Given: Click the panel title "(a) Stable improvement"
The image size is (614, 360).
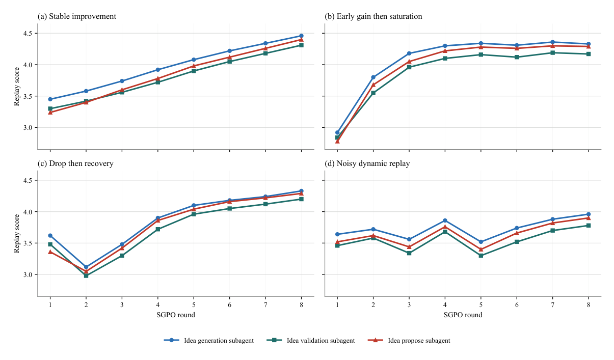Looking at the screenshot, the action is pyautogui.click(x=77, y=16).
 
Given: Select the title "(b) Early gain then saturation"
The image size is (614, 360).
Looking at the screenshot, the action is pyautogui.click(x=373, y=16).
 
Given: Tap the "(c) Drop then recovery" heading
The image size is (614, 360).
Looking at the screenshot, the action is pyautogui.click(x=75, y=163).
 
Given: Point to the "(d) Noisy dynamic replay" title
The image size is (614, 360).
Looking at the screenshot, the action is pyautogui.click(x=367, y=163).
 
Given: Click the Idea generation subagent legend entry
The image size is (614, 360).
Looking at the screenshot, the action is pyautogui.click(x=209, y=341).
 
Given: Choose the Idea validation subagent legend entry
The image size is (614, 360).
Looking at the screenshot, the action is pyautogui.click(x=310, y=341).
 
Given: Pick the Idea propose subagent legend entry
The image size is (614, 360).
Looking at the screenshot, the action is pyautogui.click(x=409, y=341).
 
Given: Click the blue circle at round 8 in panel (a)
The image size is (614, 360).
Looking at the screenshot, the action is pyautogui.click(x=301, y=36).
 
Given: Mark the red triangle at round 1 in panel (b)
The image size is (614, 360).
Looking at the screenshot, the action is pyautogui.click(x=337, y=141).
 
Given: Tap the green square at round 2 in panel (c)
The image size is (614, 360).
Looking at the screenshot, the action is pyautogui.click(x=86, y=275).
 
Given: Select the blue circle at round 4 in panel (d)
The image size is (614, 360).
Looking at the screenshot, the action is pyautogui.click(x=445, y=220).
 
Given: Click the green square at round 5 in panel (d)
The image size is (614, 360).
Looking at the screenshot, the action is pyautogui.click(x=481, y=256).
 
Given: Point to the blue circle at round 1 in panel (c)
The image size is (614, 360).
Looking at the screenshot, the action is pyautogui.click(x=50, y=236).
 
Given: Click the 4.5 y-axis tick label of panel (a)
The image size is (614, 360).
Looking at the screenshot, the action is pyautogui.click(x=28, y=34).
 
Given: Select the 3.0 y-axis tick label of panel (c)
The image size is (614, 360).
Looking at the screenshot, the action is pyautogui.click(x=28, y=274).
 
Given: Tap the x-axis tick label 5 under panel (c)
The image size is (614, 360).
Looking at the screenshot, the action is pyautogui.click(x=194, y=304).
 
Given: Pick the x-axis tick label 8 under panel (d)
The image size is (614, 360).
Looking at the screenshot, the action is pyautogui.click(x=589, y=304).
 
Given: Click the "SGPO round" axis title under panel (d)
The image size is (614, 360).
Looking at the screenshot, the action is pyautogui.click(x=463, y=315).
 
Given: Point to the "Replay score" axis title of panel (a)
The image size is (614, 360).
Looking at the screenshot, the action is pyautogui.click(x=17, y=87).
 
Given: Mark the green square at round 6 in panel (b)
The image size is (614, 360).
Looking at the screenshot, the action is pyautogui.click(x=517, y=57).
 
